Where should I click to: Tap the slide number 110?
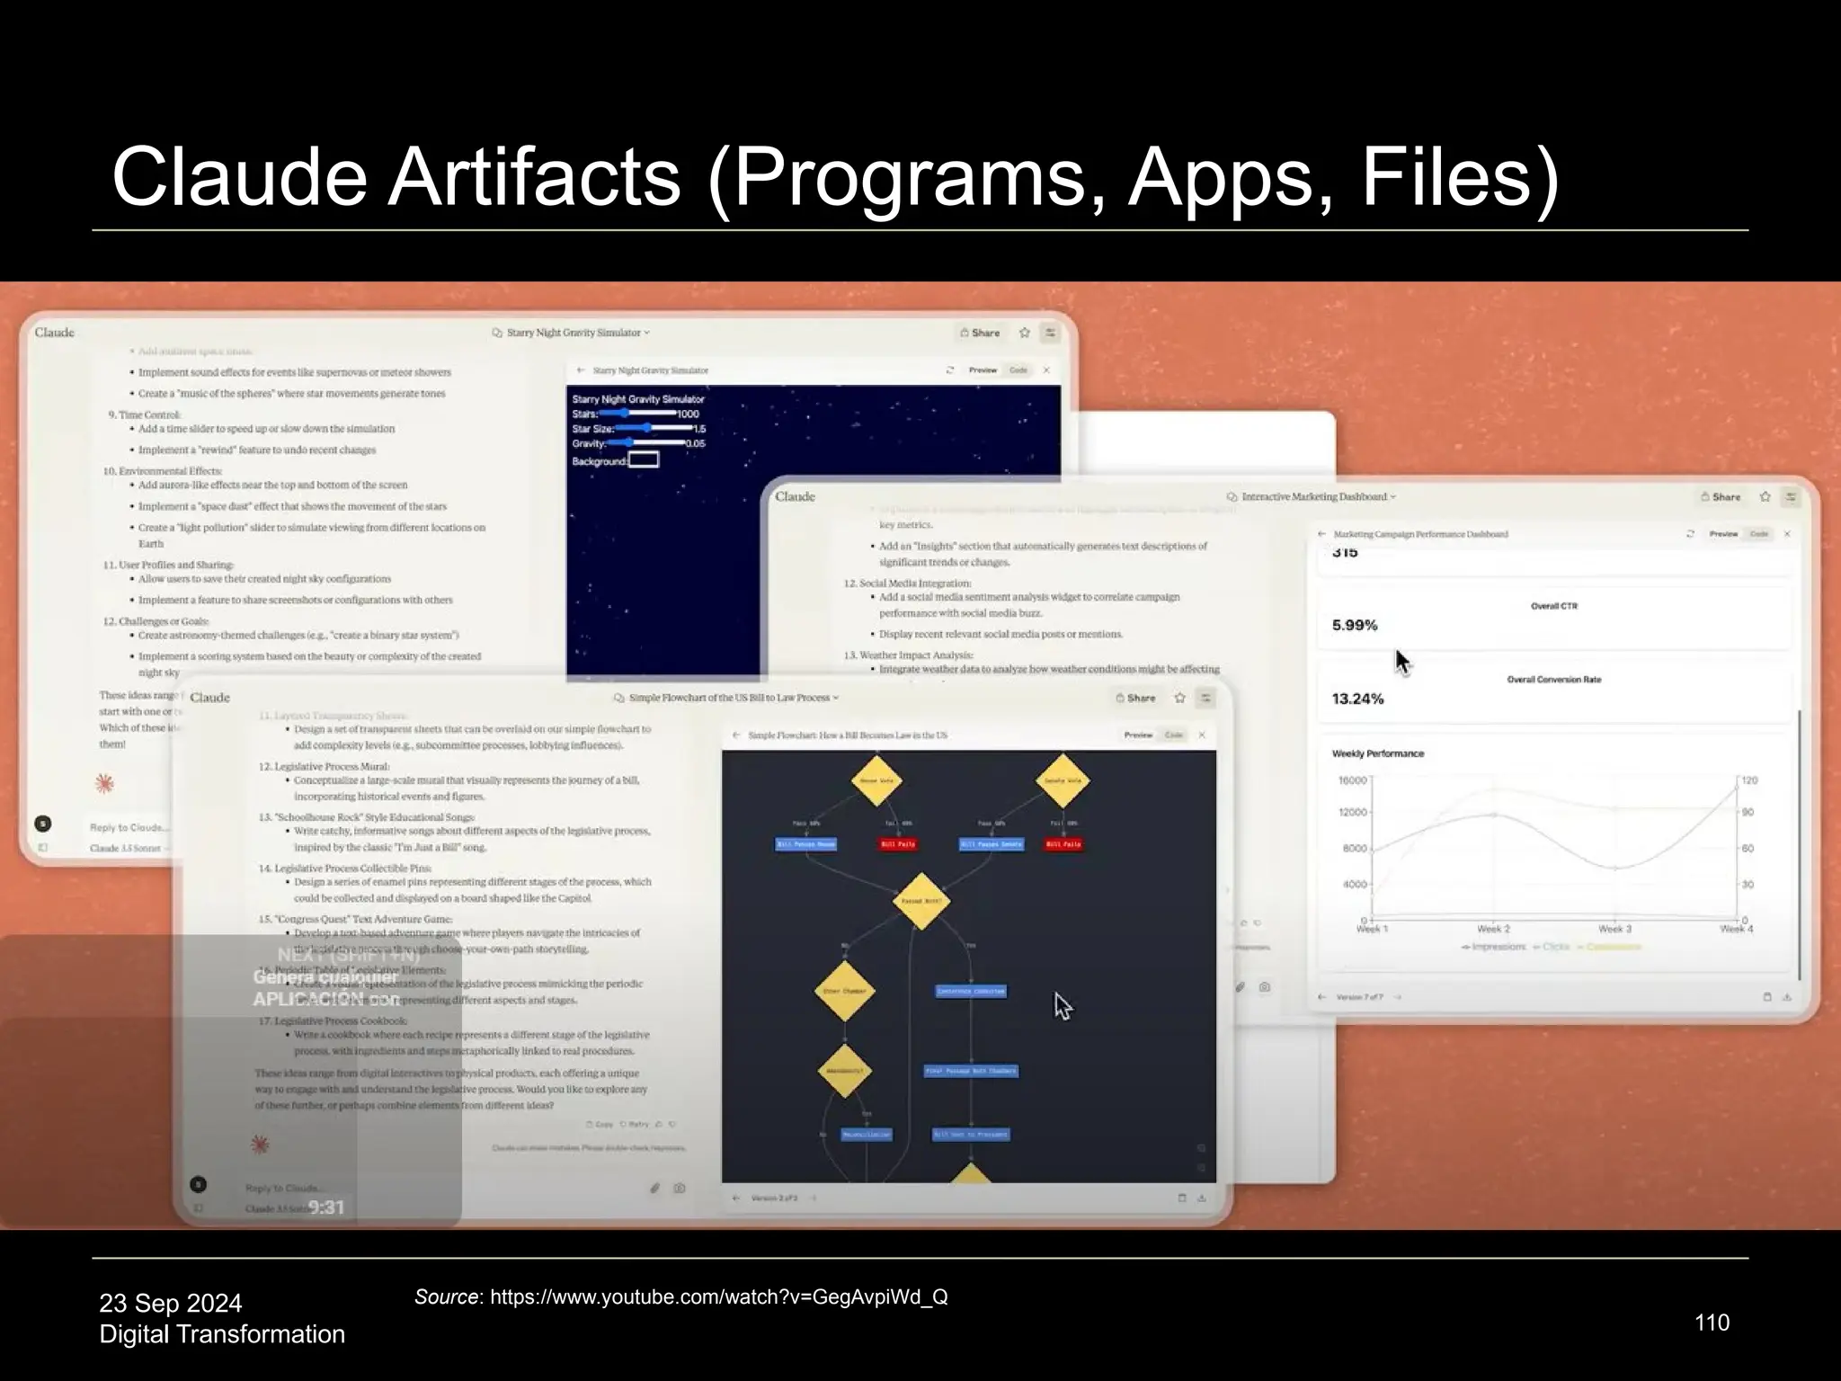click(x=1712, y=1323)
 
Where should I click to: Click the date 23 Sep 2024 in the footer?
click(x=171, y=1303)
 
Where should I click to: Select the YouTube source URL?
click(x=718, y=1296)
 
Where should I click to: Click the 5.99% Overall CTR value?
click(x=1355, y=625)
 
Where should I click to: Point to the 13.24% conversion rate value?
click(x=1357, y=699)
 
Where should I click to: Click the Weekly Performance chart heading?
click(x=1377, y=753)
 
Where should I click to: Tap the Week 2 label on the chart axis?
click(x=1493, y=929)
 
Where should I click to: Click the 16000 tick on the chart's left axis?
click(x=1352, y=780)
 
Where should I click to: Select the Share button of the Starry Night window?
click(x=980, y=333)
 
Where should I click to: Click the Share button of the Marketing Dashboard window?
click(x=1721, y=496)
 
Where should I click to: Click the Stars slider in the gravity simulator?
click(x=637, y=414)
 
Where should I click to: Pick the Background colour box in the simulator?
click(x=644, y=460)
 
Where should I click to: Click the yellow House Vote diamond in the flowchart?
click(x=876, y=780)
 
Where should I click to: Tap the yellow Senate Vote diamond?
click(x=1062, y=780)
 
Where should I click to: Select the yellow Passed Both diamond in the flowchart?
click(x=921, y=900)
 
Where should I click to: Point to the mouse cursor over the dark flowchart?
click(x=1062, y=1005)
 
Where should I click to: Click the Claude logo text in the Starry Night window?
click(x=55, y=333)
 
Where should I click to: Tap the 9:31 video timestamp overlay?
click(x=326, y=1207)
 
